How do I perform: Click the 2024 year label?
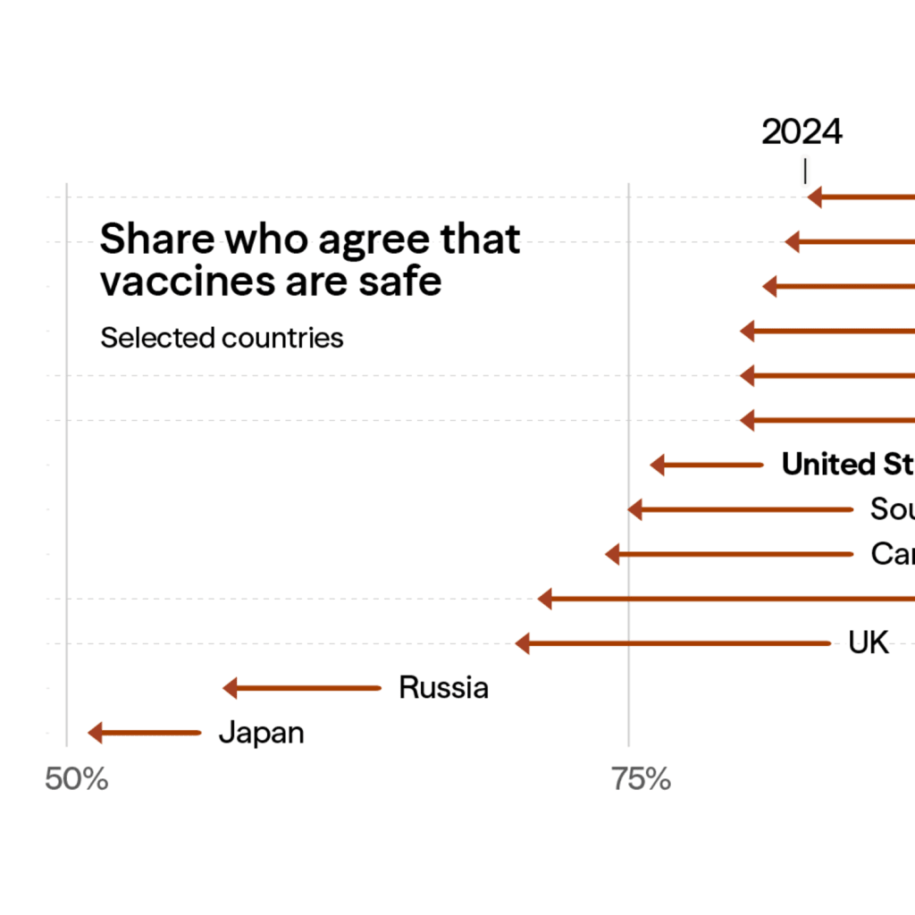click(802, 132)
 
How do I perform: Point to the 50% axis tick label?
click(76, 779)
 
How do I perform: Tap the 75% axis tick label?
click(641, 779)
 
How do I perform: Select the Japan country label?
click(261, 733)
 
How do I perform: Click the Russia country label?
click(443, 688)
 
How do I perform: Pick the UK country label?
click(869, 643)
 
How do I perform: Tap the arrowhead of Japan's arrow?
click(95, 733)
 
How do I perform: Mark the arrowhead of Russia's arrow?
click(230, 688)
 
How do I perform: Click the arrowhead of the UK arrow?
click(523, 643)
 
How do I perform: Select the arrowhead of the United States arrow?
click(658, 465)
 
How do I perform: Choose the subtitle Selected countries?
click(222, 338)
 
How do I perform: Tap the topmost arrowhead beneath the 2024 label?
click(814, 197)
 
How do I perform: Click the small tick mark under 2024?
click(805, 171)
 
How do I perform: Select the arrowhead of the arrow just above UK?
click(545, 599)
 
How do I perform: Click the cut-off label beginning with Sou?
click(892, 509)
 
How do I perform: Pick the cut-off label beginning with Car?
click(892, 554)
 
